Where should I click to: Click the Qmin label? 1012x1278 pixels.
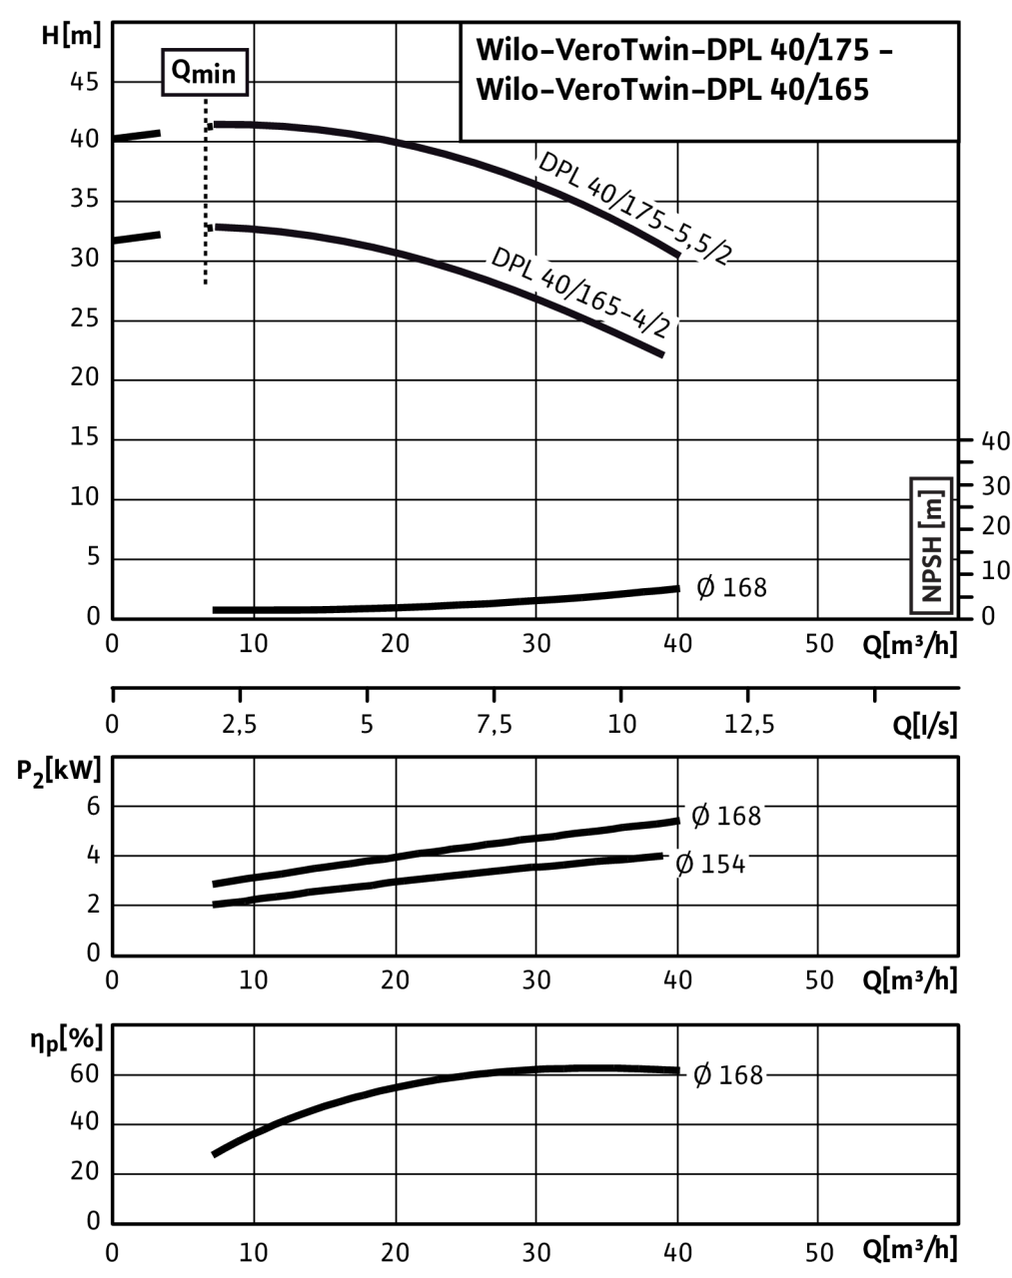click(205, 73)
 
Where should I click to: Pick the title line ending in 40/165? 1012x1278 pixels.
click(672, 90)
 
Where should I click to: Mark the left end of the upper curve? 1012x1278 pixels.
click(216, 125)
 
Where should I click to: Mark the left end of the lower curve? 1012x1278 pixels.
click(218, 228)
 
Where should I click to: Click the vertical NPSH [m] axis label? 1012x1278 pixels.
click(931, 544)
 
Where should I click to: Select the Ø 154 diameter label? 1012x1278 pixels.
click(709, 864)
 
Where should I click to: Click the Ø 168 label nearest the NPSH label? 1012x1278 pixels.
click(731, 587)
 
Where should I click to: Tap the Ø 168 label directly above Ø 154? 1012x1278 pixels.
click(725, 816)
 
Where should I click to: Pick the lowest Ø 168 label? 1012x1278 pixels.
click(727, 1074)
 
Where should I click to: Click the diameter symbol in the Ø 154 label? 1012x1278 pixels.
click(684, 864)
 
